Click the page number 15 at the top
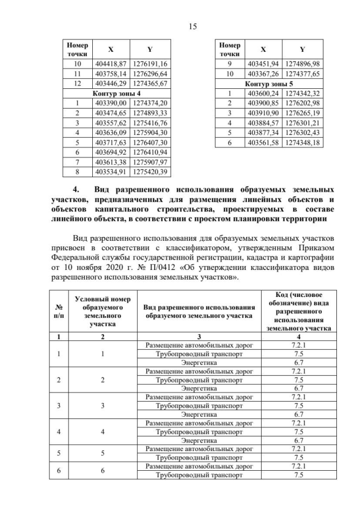pyautogui.click(x=180, y=26)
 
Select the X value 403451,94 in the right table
pyautogui.click(x=264, y=64)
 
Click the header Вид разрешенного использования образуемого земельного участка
pyautogui.click(x=200, y=311)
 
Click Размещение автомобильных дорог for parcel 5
pyautogui.click(x=200, y=449)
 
